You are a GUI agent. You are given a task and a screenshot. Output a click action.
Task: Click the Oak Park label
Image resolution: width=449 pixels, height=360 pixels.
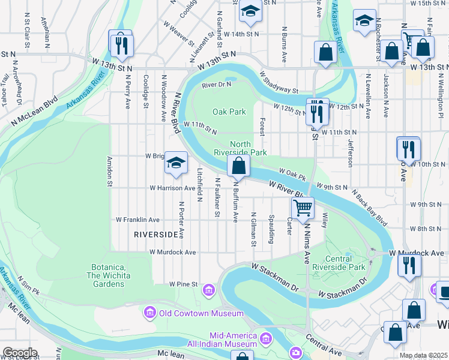pos(229,112)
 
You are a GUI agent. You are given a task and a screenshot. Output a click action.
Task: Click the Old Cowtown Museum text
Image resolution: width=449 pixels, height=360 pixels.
pos(201,313)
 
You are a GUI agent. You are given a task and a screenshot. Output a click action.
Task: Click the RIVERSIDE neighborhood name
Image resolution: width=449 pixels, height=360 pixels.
pos(156,233)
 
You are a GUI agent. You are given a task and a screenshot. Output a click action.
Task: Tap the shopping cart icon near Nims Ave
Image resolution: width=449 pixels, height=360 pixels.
pos(303,208)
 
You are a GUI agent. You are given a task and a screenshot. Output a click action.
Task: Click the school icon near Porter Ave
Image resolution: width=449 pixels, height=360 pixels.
pos(176,163)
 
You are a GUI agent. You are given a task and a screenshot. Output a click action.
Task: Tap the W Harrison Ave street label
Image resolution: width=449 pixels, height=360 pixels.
pos(172,188)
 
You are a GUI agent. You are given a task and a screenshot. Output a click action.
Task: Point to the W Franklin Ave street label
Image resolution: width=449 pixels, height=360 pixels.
pos(138,220)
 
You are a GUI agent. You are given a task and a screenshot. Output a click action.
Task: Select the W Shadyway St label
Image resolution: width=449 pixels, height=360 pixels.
pos(279,82)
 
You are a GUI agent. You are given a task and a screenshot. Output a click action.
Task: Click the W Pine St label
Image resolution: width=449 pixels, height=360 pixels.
pos(183,284)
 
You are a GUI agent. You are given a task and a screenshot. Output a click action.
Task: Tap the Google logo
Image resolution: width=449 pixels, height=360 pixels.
pos(20,353)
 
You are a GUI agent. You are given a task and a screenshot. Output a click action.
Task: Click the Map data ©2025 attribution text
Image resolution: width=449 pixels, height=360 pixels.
pos(423,355)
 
